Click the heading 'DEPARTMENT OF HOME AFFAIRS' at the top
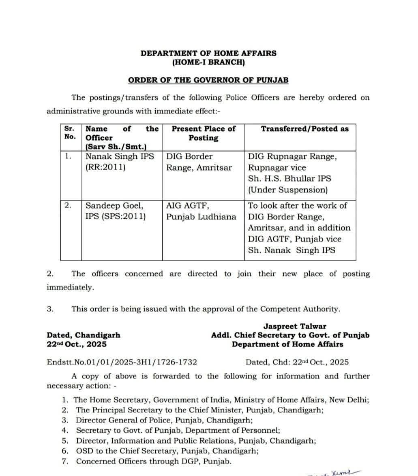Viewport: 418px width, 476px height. coord(208,53)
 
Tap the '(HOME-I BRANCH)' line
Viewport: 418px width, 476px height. coord(208,62)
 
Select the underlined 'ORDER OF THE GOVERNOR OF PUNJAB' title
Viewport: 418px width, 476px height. coord(208,80)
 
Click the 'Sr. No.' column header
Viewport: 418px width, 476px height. coord(70,132)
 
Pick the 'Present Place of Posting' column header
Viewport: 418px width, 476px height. coord(203,133)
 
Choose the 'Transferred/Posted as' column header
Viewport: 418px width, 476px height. coord(304,129)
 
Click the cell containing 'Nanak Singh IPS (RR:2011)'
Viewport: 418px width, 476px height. coord(120,162)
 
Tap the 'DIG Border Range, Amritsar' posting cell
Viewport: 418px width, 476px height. coord(199,162)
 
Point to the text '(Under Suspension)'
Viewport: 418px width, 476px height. coord(287,190)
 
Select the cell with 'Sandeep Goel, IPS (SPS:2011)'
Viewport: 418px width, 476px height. coord(116,211)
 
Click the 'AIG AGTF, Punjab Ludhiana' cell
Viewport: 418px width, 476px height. coord(201,211)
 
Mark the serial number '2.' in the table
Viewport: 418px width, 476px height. coord(68,205)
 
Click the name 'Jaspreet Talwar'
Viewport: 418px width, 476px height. coord(295,326)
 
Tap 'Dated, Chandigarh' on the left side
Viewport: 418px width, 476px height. coord(84,335)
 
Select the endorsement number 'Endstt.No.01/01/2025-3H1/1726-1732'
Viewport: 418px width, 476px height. coord(122,362)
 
